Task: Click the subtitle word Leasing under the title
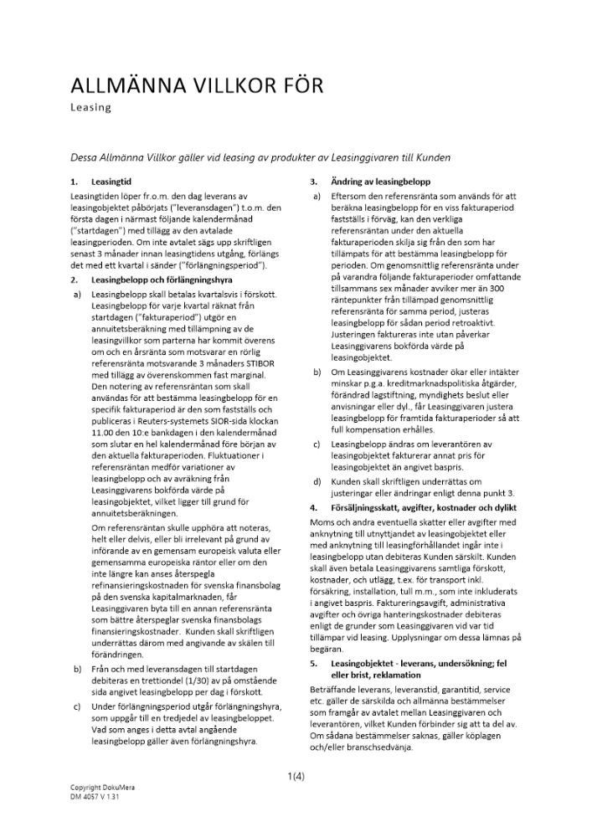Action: coord(90,107)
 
